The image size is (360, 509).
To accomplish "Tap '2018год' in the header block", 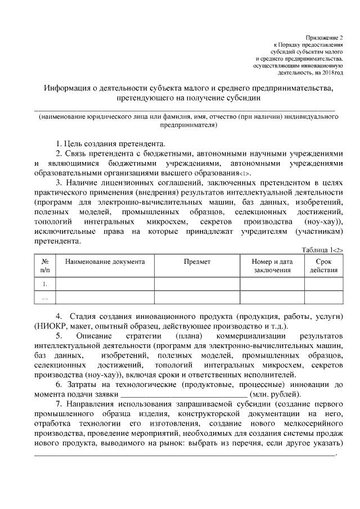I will (x=331, y=73).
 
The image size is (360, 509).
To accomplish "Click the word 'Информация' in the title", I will (x=69, y=88).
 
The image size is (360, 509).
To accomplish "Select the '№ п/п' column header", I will (x=45, y=266).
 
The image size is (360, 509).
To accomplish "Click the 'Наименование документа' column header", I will (x=105, y=262).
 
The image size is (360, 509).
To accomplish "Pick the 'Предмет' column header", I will (x=197, y=262).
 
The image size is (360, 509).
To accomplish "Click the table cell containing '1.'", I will (x=45, y=284).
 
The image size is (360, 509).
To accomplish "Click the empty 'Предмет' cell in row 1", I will (x=197, y=284).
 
